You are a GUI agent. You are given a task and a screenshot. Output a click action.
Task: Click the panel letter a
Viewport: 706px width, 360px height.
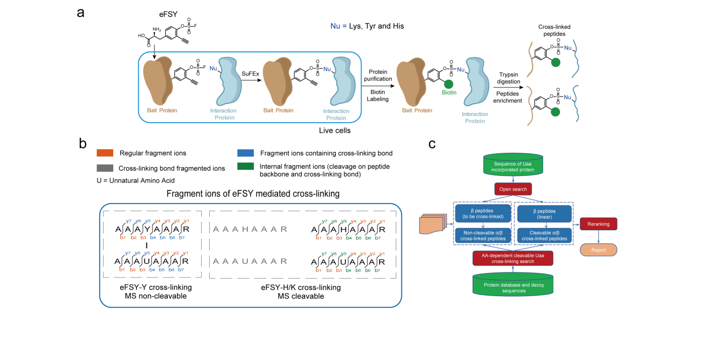click(x=80, y=13)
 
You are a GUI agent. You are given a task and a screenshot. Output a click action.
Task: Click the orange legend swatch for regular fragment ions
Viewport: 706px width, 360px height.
click(x=107, y=153)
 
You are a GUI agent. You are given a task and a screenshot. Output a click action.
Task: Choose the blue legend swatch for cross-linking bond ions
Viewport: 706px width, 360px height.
click(x=246, y=153)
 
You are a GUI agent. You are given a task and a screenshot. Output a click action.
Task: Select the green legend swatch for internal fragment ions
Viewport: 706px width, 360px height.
click(x=246, y=166)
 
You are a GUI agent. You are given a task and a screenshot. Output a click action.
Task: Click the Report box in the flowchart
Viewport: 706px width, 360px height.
click(x=598, y=249)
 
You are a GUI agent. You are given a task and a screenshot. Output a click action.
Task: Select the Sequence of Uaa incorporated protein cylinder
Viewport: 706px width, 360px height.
click(x=512, y=164)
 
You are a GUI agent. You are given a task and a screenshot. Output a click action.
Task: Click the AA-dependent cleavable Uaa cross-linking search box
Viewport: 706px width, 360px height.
click(x=512, y=258)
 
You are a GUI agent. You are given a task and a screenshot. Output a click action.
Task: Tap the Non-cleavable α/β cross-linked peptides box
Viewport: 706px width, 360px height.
click(x=483, y=235)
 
